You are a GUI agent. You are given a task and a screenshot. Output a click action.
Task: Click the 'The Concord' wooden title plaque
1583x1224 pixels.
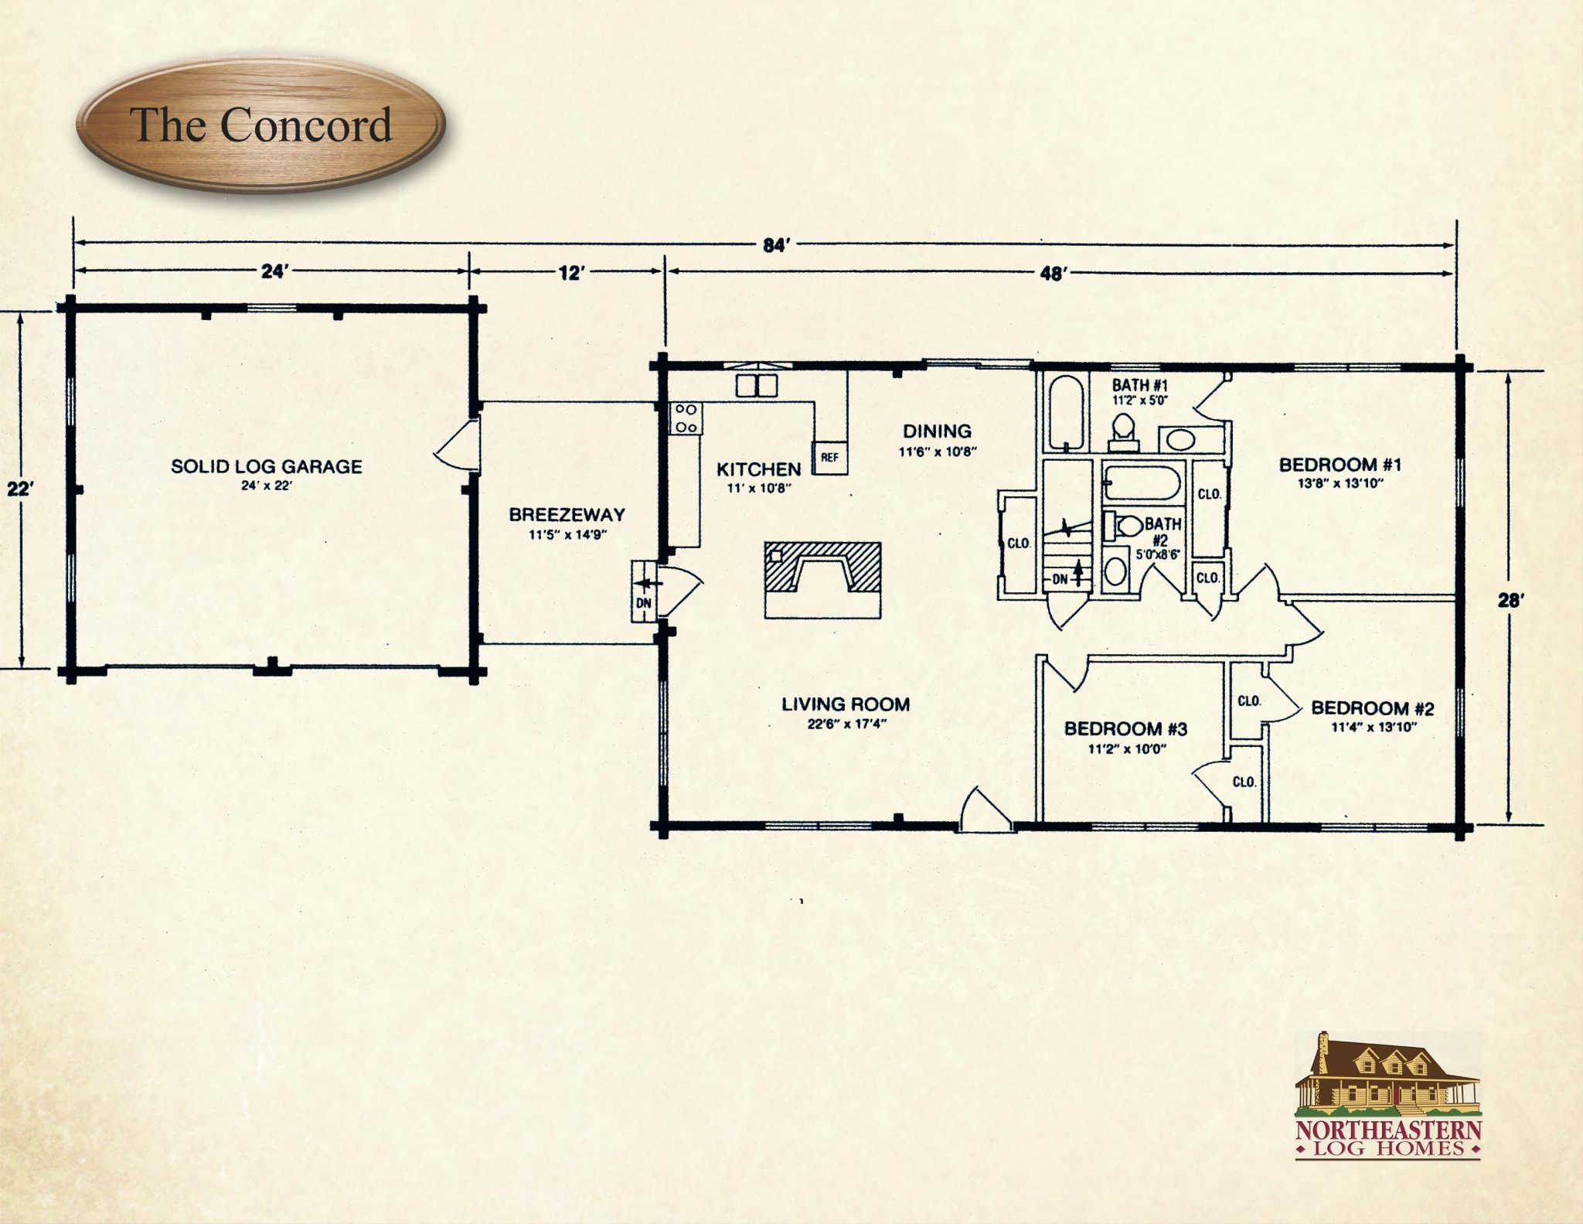click(x=260, y=126)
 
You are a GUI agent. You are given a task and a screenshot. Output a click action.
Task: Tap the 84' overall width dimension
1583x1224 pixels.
click(x=774, y=246)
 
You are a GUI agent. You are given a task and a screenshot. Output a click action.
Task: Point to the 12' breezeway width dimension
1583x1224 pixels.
click(x=570, y=273)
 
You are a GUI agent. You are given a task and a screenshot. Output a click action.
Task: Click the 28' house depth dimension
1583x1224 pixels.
click(x=1510, y=600)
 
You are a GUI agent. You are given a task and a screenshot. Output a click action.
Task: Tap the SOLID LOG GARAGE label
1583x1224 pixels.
click(x=267, y=466)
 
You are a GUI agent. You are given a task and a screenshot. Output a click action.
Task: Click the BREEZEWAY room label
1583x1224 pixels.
click(x=567, y=514)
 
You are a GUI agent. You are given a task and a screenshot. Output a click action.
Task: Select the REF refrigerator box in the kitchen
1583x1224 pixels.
click(x=829, y=457)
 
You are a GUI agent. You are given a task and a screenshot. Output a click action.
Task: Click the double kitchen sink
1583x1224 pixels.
click(x=757, y=384)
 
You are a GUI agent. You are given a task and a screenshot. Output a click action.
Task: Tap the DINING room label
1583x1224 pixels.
click(x=938, y=431)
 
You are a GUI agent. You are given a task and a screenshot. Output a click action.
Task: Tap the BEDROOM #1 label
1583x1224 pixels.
click(x=1340, y=465)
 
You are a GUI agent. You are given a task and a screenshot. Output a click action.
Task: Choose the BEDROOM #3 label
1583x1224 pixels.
click(x=1125, y=728)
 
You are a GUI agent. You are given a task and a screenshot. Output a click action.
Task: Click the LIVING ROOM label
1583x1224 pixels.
click(x=846, y=704)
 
